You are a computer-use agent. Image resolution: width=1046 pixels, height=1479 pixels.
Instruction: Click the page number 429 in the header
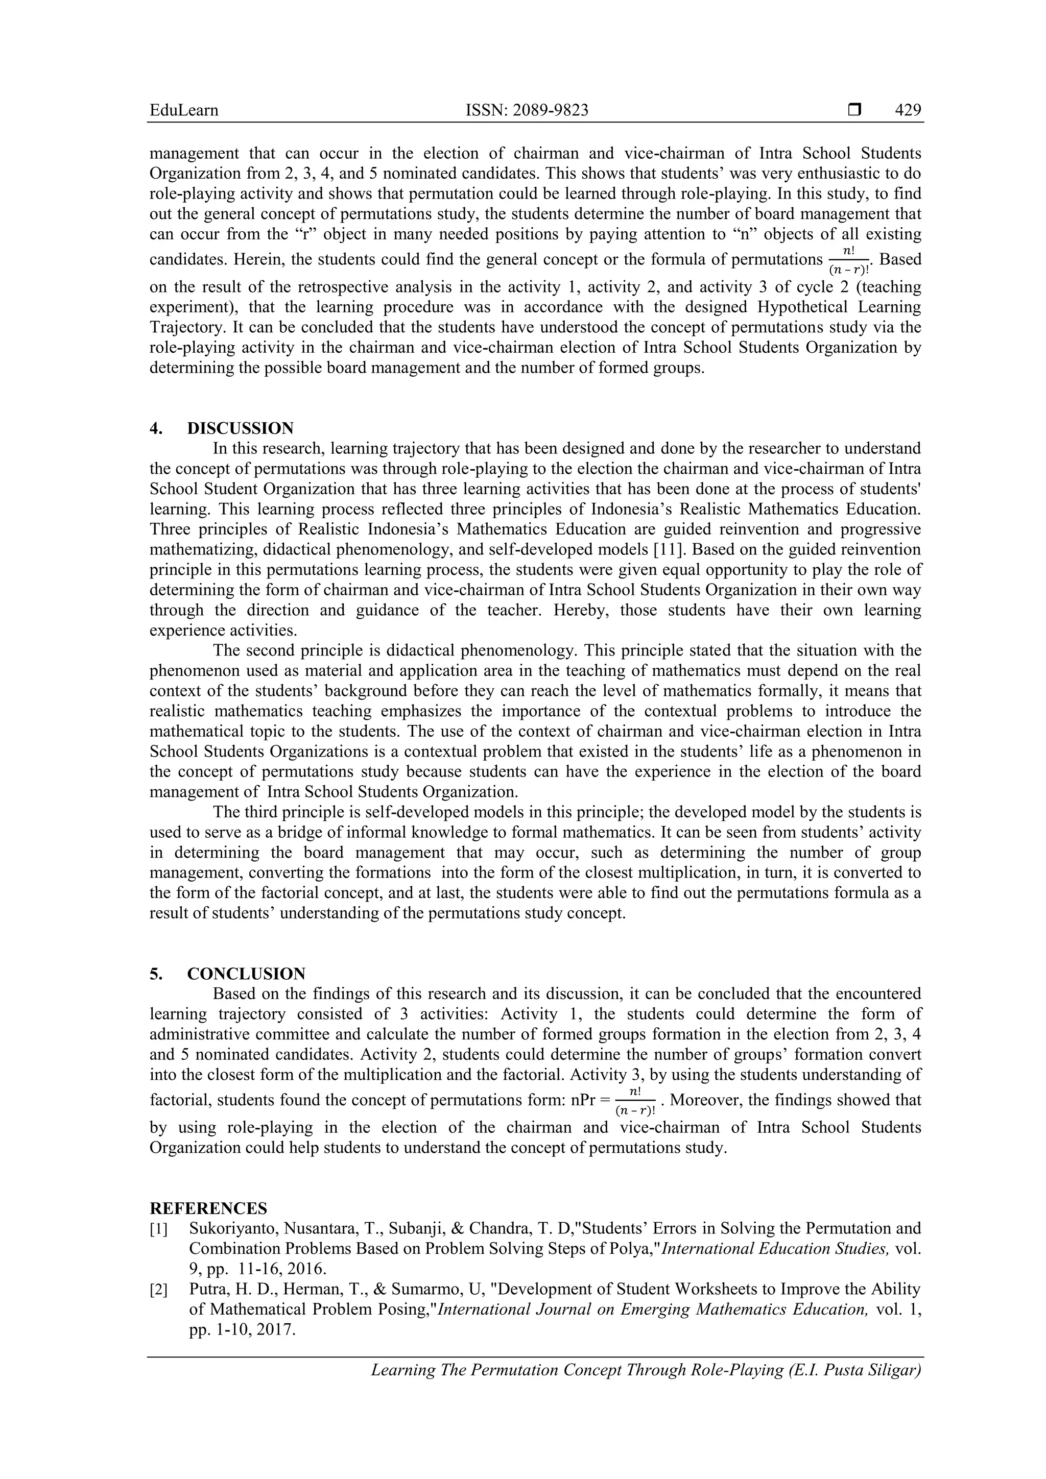pyautogui.click(x=908, y=110)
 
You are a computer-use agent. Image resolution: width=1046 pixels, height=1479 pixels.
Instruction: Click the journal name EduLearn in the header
pyautogui.click(x=184, y=110)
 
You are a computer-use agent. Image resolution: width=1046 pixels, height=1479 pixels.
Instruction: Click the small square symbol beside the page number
pyautogui.click(x=854, y=110)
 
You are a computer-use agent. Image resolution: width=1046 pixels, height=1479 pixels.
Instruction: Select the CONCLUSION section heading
pyautogui.click(x=246, y=974)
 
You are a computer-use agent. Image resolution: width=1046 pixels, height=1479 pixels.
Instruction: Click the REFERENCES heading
pyautogui.click(x=208, y=1208)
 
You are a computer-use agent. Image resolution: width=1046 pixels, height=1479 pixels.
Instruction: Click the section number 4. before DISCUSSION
pyautogui.click(x=156, y=428)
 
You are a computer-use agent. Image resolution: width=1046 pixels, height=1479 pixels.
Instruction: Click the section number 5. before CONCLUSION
pyautogui.click(x=156, y=974)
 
